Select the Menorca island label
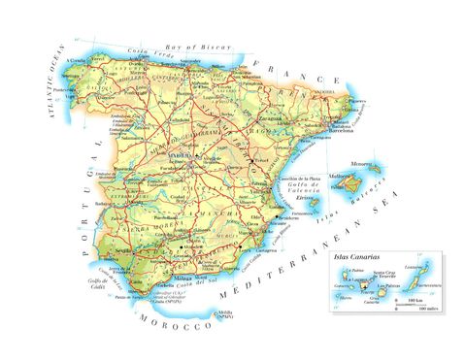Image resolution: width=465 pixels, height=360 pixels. pos(373,165)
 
